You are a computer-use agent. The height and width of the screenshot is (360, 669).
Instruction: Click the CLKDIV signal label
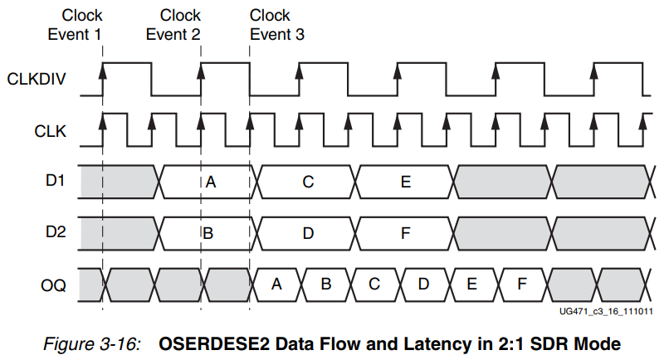pyautogui.click(x=35, y=80)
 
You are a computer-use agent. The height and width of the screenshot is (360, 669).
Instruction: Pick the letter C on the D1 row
pyautogui.click(x=308, y=182)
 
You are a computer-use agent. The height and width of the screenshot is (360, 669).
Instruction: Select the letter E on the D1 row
pyautogui.click(x=406, y=182)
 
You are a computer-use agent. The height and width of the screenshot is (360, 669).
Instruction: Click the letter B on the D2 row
pyautogui.click(x=208, y=233)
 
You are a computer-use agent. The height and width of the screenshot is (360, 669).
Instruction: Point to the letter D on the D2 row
pyautogui.click(x=308, y=233)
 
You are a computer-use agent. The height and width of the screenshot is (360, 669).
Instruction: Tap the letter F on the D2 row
pyautogui.click(x=406, y=233)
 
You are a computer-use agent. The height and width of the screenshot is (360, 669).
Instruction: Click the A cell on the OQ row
pyautogui.click(x=278, y=285)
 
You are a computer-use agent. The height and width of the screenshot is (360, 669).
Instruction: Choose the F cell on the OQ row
pyautogui.click(x=522, y=285)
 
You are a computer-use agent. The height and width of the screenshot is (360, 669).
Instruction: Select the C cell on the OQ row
pyautogui.click(x=375, y=285)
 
